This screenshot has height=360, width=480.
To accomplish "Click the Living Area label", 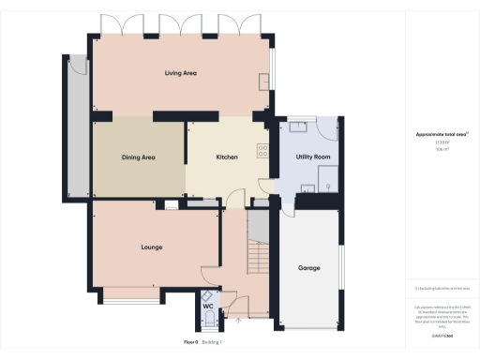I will pyautogui.click(x=180, y=72).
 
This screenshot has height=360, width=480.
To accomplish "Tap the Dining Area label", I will pyautogui.click(x=138, y=157).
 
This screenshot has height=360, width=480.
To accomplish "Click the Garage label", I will pyautogui.click(x=309, y=268).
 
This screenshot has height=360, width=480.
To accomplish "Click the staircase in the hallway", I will pyautogui.click(x=258, y=244).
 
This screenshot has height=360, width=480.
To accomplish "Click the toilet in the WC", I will pyautogui.click(x=208, y=319).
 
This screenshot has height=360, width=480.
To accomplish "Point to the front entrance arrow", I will pyautogui.click(x=238, y=322).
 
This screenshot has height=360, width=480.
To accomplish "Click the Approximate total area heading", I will pyautogui.click(x=442, y=134).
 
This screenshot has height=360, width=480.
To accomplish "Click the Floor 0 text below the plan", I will pyautogui.click(x=191, y=343).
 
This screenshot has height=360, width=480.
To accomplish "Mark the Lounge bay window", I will pyautogui.click(x=131, y=297).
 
